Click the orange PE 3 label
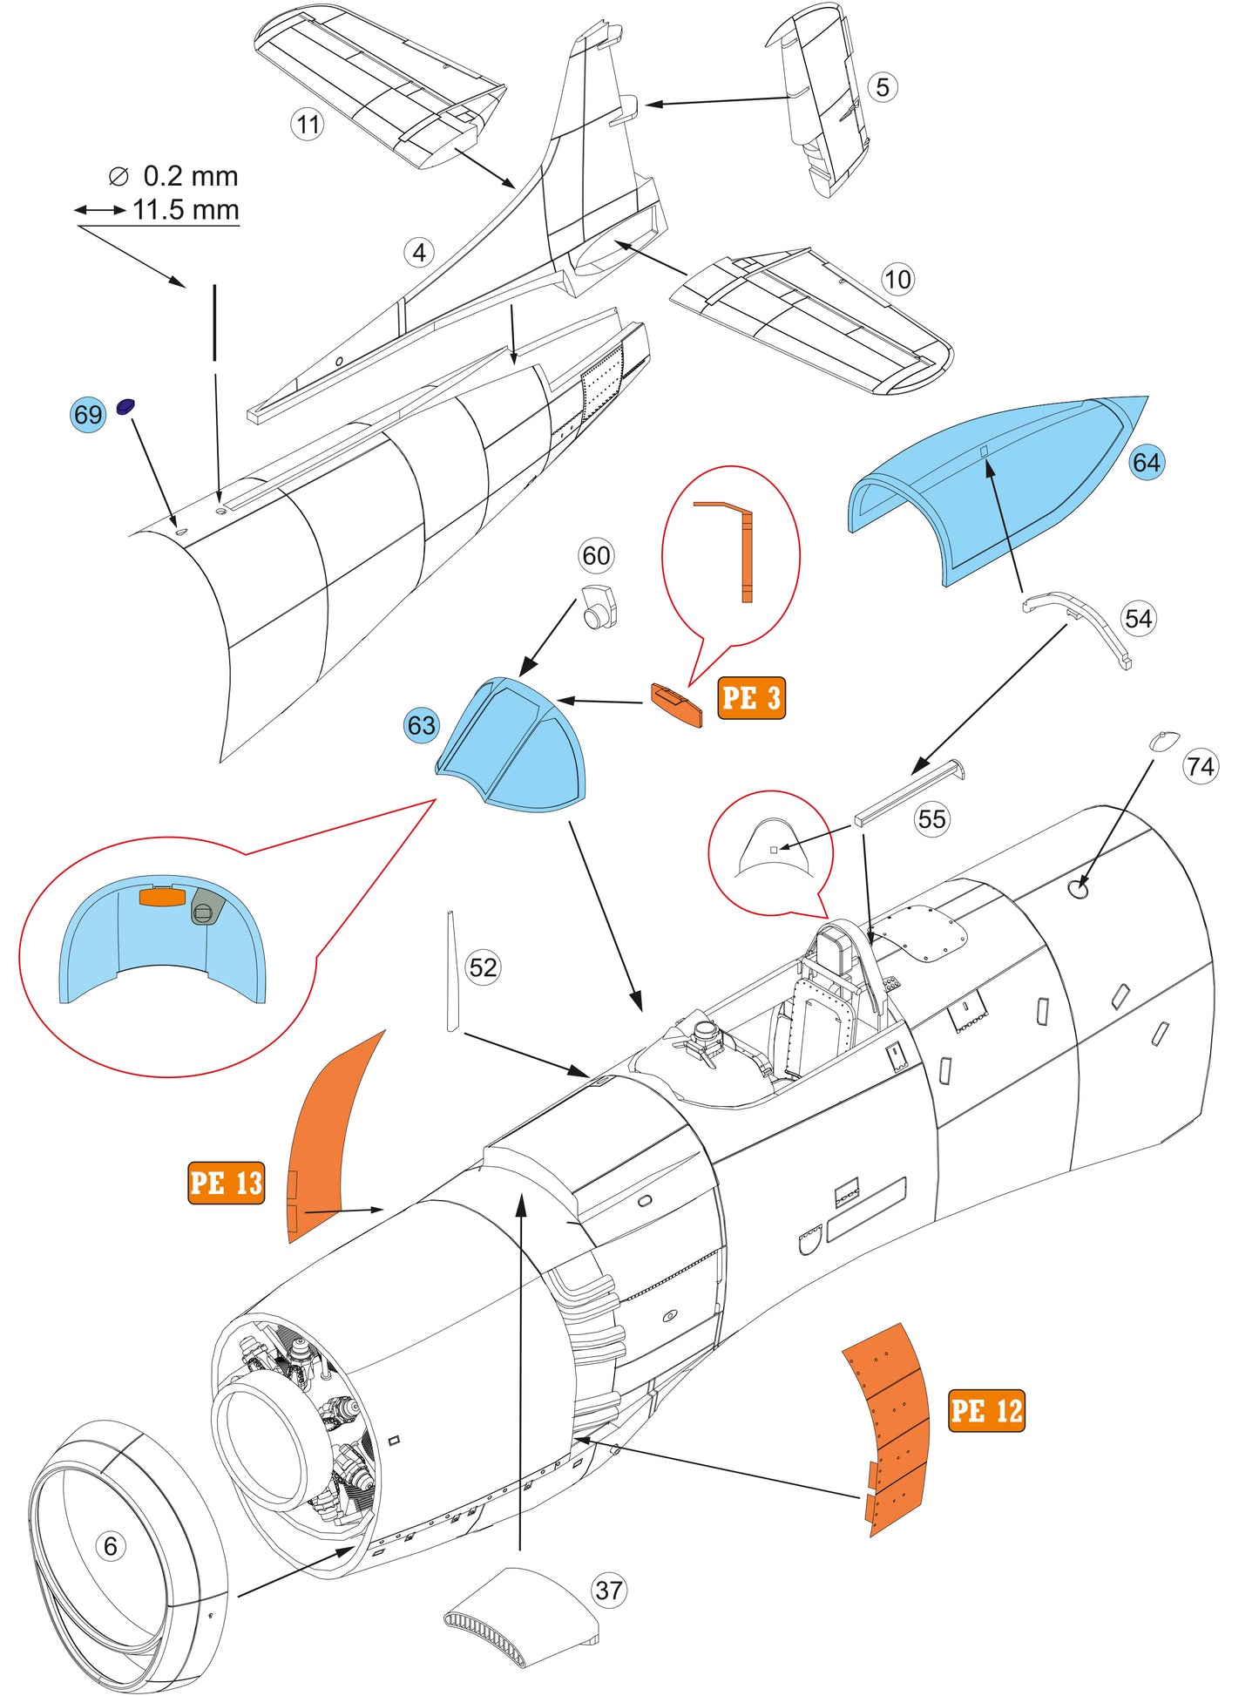click(751, 698)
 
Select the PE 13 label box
click(226, 1183)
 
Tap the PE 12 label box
click(986, 1410)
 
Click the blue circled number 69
click(88, 414)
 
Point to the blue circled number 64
click(1146, 462)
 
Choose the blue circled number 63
click(422, 725)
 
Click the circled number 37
click(609, 1591)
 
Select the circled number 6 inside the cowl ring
click(111, 1546)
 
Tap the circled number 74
click(1200, 766)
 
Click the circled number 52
click(484, 967)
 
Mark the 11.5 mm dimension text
click(186, 210)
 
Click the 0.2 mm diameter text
click(190, 176)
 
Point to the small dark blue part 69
click(126, 405)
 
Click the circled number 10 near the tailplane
click(897, 280)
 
